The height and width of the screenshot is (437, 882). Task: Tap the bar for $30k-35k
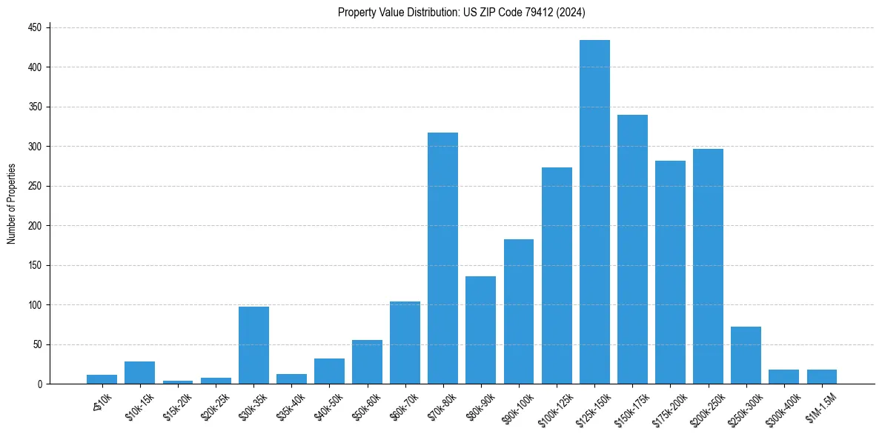[253, 345]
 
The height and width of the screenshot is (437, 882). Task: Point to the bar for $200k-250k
[708, 266]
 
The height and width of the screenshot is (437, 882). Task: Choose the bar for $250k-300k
[746, 356]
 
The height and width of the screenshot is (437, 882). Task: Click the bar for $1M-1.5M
[821, 376]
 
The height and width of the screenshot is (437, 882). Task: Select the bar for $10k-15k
[139, 373]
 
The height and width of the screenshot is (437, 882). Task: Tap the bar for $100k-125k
[557, 276]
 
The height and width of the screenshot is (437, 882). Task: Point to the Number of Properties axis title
[12, 204]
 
